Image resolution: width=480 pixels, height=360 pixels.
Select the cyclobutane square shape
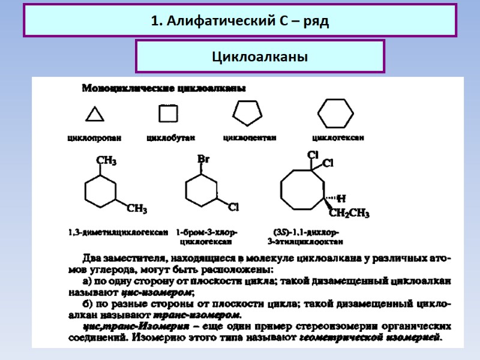(x=166, y=114)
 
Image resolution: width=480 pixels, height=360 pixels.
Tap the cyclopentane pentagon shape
(x=247, y=112)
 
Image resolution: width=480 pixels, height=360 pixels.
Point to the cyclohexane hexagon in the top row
(x=335, y=113)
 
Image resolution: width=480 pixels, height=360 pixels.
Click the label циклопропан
(x=94, y=137)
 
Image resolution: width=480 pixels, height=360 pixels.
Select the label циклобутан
(x=171, y=137)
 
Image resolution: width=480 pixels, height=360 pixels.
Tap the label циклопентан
(x=250, y=137)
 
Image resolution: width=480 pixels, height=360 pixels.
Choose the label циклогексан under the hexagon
(x=338, y=137)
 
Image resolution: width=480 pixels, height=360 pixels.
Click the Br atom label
(x=203, y=159)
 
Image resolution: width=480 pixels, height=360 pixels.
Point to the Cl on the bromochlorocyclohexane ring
(x=233, y=207)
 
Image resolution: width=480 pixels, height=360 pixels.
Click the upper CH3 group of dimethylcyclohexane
(x=107, y=161)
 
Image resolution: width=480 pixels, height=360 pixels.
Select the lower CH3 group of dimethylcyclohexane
(x=137, y=209)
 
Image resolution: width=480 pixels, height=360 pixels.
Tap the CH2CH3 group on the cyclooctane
(x=350, y=213)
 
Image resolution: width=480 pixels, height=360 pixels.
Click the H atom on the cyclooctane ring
(x=341, y=198)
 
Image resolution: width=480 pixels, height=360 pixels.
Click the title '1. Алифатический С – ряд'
(x=240, y=22)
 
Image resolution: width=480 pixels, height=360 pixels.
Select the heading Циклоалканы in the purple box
(x=260, y=57)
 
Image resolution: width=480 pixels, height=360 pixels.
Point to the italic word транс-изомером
(x=197, y=315)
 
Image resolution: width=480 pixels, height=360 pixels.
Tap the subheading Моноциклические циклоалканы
(x=163, y=89)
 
